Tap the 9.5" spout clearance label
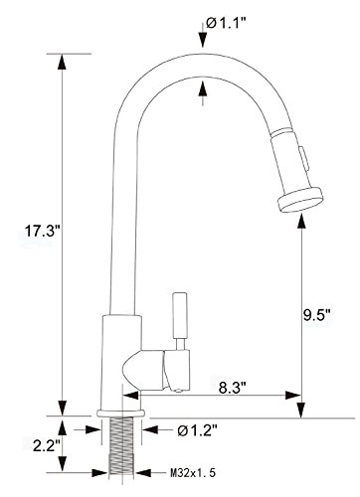pos(317,315)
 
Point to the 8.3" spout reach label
pos(232,388)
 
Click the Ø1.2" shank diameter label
pos(197,430)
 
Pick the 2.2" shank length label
pos(46,446)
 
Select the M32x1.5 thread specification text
pos(193,472)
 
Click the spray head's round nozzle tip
pos(300,200)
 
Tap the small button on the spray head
pos(303,158)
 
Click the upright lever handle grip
pos(181,315)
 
